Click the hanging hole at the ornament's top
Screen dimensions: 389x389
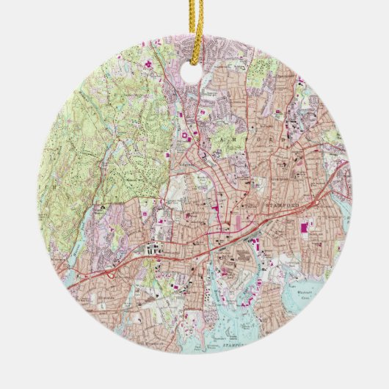coord(194,77)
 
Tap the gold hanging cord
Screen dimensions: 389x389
coord(194,29)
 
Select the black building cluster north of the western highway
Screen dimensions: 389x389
coord(154,250)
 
